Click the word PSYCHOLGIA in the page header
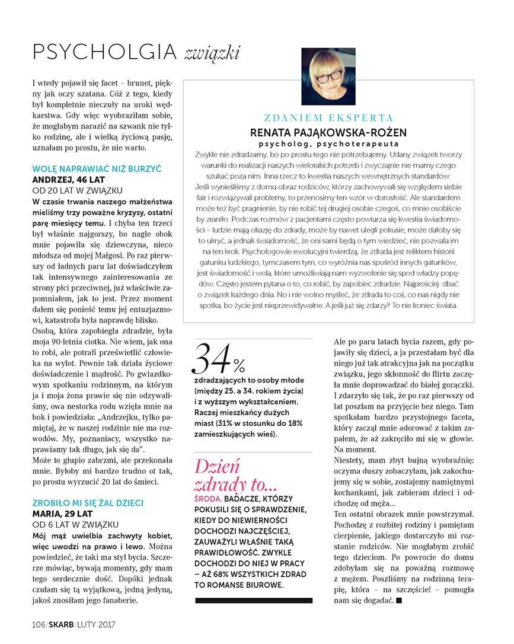pos(104,52)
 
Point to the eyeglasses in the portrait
pos(329,75)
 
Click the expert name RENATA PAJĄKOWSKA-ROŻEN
pos(328,132)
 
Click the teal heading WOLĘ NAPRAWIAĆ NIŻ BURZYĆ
pos(88,169)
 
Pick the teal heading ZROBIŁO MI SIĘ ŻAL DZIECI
pos(88,503)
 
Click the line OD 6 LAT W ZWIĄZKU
pos(75,524)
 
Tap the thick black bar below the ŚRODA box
pos(253,601)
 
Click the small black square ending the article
pos(398,601)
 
